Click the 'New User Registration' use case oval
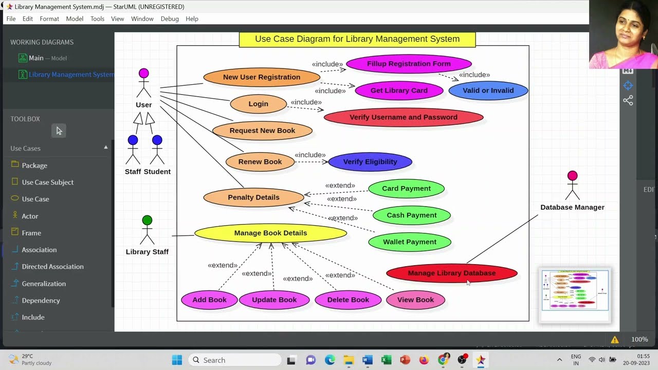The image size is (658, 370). [262, 77]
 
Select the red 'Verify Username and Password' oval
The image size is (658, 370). [404, 117]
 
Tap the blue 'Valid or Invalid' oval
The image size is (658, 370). [488, 90]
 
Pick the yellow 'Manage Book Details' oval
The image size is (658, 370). [270, 233]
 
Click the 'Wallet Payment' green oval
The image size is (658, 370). [410, 242]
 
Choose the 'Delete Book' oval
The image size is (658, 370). [348, 300]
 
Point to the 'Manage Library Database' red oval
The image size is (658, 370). [451, 273]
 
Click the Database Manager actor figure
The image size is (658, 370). [572, 186]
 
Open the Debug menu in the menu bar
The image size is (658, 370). [170, 18]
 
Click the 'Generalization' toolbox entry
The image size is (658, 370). [44, 283]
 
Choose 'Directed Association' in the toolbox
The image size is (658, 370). [52, 266]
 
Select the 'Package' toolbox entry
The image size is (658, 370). [34, 165]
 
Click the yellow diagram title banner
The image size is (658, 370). [357, 39]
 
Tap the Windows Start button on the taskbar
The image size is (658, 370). [177, 360]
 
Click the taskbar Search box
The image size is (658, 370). [235, 360]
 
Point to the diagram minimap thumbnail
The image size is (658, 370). [575, 290]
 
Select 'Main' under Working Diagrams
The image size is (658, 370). [36, 58]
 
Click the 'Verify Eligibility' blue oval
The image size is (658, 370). [370, 162]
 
